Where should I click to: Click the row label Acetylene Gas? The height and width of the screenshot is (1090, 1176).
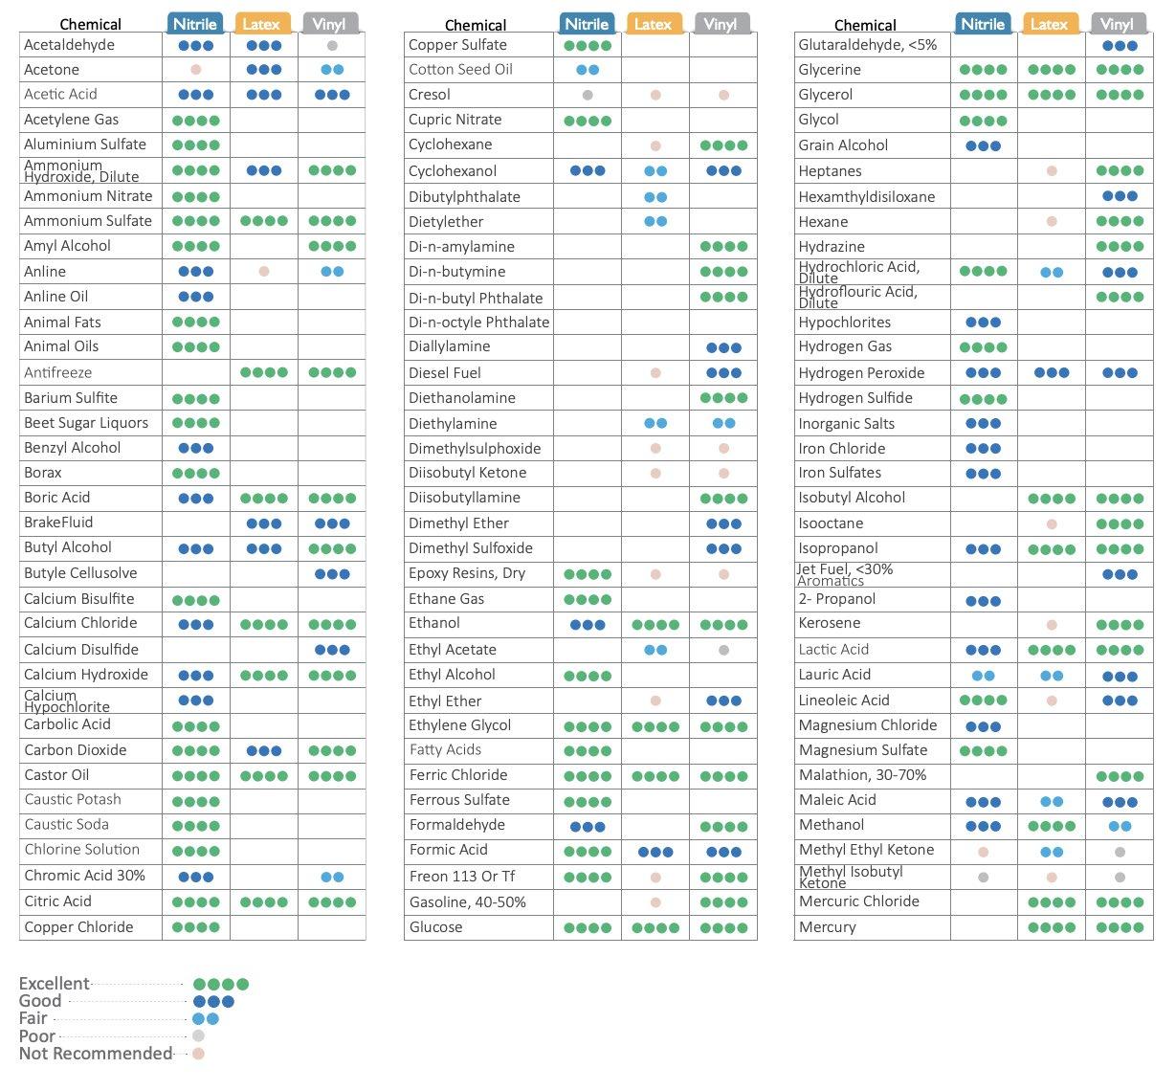[x=71, y=120]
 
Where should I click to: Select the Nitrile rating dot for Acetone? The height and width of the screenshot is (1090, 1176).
[x=196, y=70]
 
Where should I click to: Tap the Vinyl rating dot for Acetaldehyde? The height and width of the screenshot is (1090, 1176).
[x=332, y=45]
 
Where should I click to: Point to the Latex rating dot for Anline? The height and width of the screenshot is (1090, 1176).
[x=264, y=272]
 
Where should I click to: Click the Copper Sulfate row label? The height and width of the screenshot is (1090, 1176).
[x=457, y=45]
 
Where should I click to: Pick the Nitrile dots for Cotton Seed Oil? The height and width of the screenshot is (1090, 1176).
[x=588, y=70]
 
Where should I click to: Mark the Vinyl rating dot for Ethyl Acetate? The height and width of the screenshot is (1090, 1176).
[x=723, y=650]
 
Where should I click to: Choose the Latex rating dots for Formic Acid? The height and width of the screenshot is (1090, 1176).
[x=655, y=851]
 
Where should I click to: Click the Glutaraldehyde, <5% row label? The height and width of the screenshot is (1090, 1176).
[x=868, y=45]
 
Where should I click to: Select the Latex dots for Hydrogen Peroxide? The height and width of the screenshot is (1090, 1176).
[x=1052, y=373]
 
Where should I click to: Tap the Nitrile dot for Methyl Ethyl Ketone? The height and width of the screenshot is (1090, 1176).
[x=983, y=851]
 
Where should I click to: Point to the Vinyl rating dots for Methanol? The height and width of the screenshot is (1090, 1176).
[x=1120, y=826]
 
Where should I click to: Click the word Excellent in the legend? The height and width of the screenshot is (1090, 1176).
[x=54, y=984]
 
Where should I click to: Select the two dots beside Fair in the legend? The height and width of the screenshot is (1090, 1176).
[x=206, y=1019]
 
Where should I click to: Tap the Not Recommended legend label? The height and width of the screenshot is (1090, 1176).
[x=96, y=1054]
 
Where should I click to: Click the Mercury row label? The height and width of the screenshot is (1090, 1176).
[x=827, y=927]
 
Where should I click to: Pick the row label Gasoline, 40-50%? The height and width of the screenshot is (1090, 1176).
[x=467, y=902]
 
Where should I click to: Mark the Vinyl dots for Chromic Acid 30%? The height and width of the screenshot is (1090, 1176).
[x=332, y=877]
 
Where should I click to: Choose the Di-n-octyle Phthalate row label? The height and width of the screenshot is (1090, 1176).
[x=478, y=323]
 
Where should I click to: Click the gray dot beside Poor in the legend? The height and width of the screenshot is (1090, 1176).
[x=198, y=1035]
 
